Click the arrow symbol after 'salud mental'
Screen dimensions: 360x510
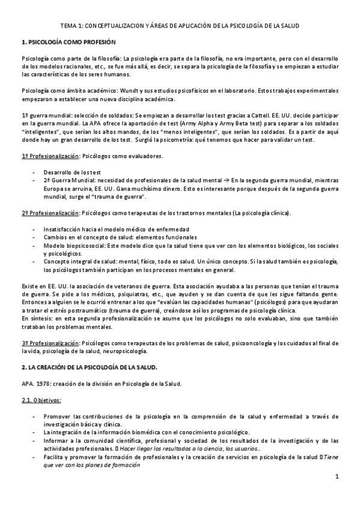(x=225, y=180)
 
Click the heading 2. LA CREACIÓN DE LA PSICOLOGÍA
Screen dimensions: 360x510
(x=89, y=367)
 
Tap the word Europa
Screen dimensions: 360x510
(x=54, y=188)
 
